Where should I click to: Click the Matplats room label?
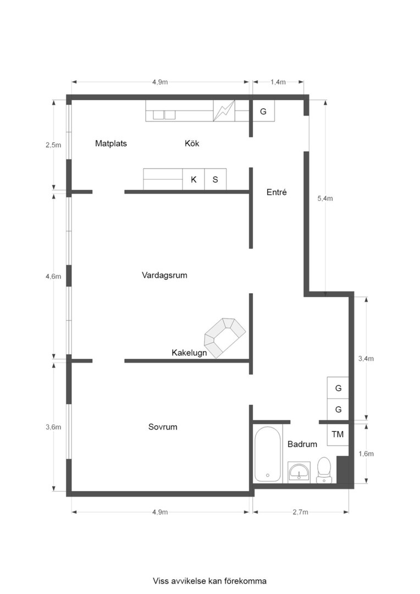111,144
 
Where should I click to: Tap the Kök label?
192,144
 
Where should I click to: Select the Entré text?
277,193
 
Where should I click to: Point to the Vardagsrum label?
164,275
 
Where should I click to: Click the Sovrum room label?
163,427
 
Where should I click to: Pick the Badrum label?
302,444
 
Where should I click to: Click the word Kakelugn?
189,353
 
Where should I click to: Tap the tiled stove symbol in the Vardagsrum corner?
225,337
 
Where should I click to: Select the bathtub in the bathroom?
268,454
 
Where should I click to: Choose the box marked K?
194,179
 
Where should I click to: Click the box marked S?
215,179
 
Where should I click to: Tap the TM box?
338,435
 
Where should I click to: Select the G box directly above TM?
338,410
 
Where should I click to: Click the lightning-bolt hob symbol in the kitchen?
224,111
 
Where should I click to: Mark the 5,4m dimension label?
325,199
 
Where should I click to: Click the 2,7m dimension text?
300,512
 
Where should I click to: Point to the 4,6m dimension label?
53,276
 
